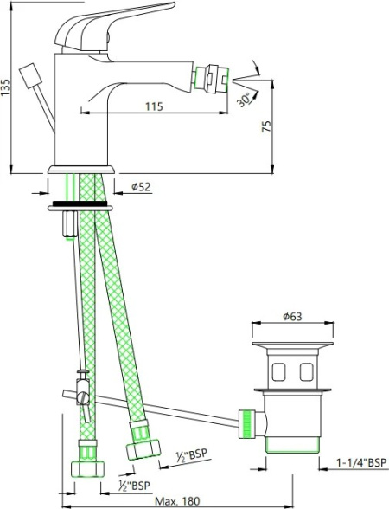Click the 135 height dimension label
click(x=6, y=87)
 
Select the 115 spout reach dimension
click(x=154, y=106)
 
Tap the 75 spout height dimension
click(x=266, y=126)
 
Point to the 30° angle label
click(x=245, y=100)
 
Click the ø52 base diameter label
click(x=141, y=187)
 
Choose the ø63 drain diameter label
click(x=292, y=316)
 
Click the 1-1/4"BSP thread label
click(x=361, y=462)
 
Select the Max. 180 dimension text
click(x=177, y=501)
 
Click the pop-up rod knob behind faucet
click(x=31, y=76)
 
